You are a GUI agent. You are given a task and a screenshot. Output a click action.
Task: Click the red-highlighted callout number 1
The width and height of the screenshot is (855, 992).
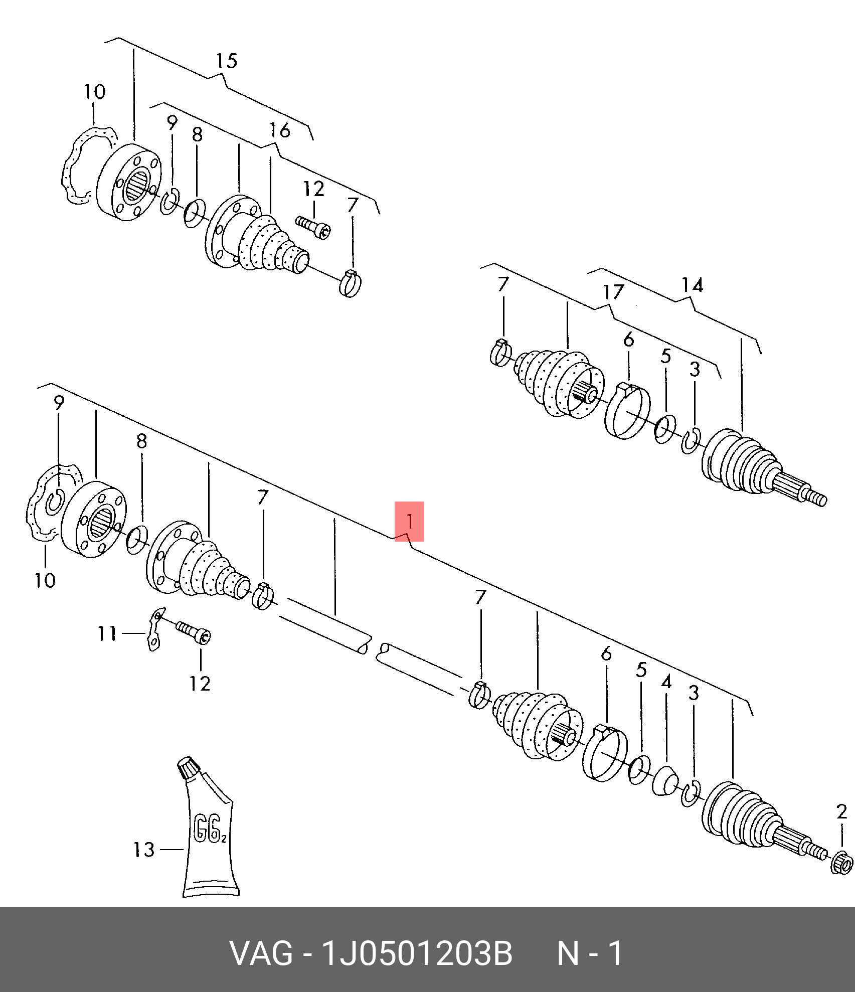[x=410, y=521]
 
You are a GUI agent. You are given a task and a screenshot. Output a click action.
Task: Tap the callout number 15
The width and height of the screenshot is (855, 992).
[x=226, y=61]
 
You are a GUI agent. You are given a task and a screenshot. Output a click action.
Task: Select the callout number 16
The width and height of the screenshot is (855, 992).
[x=279, y=130]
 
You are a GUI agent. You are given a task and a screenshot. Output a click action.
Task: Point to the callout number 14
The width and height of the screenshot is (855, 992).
[x=692, y=285]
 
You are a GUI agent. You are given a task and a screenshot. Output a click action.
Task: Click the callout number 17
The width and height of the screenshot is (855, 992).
[x=613, y=291]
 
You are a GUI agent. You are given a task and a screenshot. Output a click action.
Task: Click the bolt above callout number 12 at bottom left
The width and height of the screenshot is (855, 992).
[x=194, y=631]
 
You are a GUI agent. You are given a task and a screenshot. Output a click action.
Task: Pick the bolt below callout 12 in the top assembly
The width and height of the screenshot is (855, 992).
[x=313, y=227]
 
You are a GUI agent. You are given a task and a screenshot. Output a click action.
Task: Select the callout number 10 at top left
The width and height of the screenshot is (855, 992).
[x=95, y=92]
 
